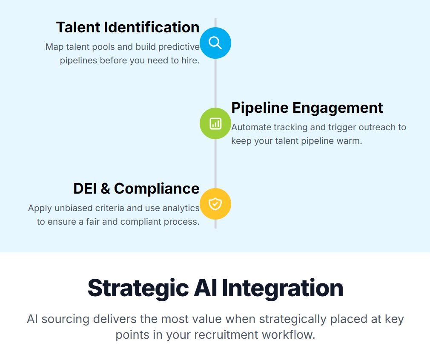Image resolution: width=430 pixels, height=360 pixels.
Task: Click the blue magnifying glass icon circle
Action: point(215,43)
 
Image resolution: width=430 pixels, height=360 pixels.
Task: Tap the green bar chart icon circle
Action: point(215,123)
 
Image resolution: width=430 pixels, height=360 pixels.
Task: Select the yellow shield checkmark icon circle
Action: point(215,204)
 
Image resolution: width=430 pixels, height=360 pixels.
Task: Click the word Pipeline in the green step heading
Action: point(260,108)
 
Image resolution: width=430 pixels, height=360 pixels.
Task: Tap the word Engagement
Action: point(338,108)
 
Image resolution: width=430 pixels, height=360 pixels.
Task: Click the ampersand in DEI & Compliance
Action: point(105,189)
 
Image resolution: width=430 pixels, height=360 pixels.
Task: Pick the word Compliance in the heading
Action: point(157,189)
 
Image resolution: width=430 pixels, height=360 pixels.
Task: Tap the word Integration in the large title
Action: point(283,289)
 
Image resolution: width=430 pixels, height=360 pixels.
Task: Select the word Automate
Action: point(251,127)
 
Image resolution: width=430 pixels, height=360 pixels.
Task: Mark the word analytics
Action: point(181,208)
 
